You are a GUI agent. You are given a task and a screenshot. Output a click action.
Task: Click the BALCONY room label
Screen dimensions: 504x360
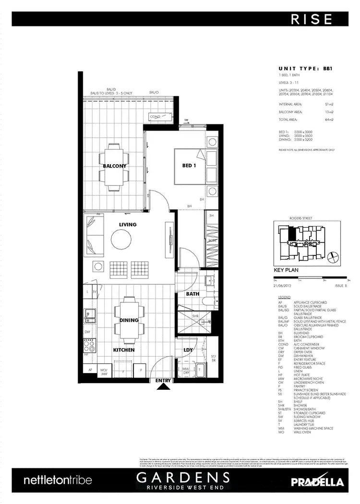115,166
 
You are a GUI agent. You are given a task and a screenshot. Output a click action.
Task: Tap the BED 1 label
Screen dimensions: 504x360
190,166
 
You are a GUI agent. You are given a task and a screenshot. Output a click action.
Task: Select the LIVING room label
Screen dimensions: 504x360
128,224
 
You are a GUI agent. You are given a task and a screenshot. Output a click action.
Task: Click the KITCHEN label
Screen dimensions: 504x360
124,350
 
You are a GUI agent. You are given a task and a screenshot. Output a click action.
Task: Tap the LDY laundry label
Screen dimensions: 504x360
188,350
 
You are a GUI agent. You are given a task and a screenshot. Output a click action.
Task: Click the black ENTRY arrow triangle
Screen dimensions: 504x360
163,388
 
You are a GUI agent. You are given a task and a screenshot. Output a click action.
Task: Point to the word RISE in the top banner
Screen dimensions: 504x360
312,19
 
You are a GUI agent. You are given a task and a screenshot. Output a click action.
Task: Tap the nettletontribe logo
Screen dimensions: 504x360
58,480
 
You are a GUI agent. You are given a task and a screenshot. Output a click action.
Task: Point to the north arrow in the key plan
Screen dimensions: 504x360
332,258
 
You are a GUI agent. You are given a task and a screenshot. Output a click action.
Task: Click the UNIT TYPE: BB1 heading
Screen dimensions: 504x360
305,69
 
